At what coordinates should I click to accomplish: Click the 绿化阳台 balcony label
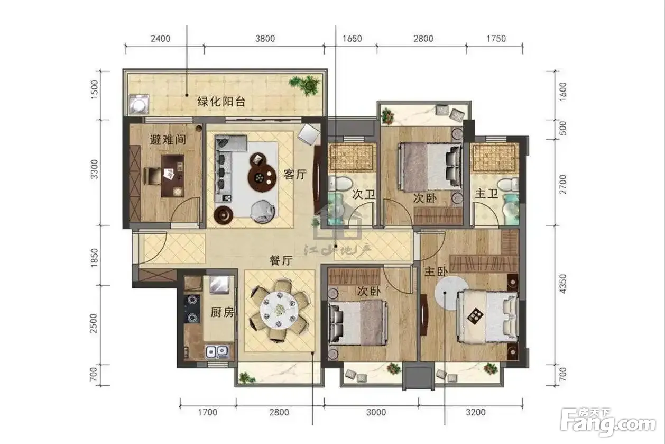[x=221, y=102]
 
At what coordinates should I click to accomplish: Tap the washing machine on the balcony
[x=138, y=104]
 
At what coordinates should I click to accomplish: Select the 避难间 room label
[x=168, y=139]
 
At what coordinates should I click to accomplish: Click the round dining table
[x=279, y=310]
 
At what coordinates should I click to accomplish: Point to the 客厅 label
[x=295, y=174]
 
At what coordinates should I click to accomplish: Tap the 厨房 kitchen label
[x=223, y=312]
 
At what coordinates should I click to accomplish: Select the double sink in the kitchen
[x=217, y=351]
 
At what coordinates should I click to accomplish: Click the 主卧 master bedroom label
[x=436, y=271]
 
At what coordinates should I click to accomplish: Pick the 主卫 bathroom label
[x=486, y=194]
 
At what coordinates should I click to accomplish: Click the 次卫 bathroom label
[x=364, y=195]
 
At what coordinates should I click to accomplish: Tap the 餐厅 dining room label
[x=281, y=261]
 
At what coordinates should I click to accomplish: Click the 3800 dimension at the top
[x=265, y=39]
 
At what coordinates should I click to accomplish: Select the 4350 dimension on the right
[x=562, y=284]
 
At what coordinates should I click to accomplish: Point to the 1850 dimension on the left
[x=94, y=258]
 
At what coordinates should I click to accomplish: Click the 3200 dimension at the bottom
[x=476, y=412]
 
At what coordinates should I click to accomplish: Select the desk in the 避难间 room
[x=172, y=176]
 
